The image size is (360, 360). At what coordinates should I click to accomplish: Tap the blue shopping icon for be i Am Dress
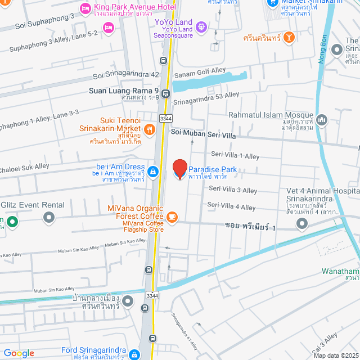point(152,170)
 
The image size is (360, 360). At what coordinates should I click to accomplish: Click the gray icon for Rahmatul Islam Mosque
point(322,119)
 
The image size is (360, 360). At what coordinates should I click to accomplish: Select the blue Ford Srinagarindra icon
point(134,354)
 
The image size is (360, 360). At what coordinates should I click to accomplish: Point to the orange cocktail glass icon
point(289,37)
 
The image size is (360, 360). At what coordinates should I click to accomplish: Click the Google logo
point(19,353)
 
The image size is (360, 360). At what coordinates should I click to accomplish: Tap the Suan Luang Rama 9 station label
point(124,90)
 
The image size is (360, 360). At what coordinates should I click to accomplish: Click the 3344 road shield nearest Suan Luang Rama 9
point(165,118)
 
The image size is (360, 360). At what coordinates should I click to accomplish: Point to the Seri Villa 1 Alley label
point(235,155)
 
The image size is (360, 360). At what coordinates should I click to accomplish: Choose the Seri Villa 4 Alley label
point(232,206)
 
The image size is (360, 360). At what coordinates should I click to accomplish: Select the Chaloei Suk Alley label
point(25,166)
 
